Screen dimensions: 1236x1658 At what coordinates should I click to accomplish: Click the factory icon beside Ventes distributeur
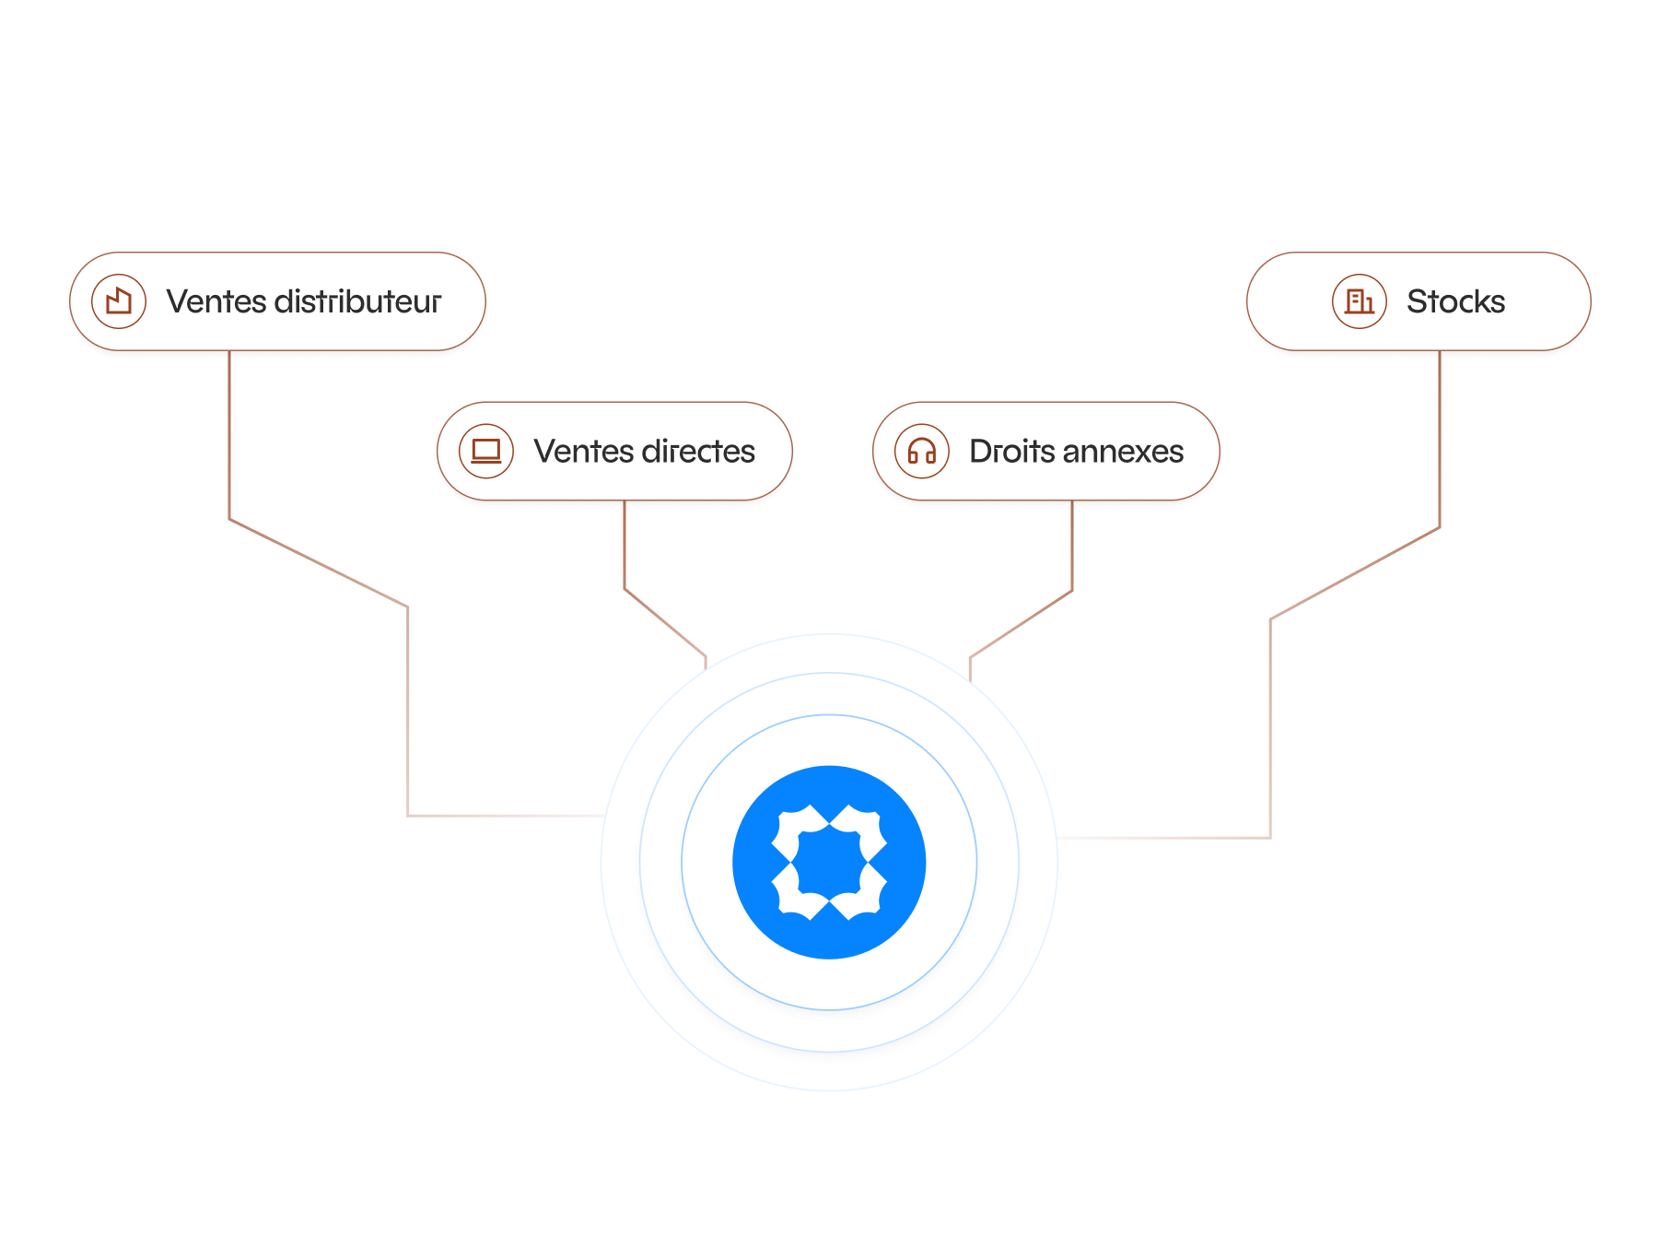pyautogui.click(x=119, y=301)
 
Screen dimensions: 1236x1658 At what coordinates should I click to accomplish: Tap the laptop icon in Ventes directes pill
pyautogui.click(x=486, y=452)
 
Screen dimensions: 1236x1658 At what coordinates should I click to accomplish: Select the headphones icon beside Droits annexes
pyautogui.click(x=922, y=452)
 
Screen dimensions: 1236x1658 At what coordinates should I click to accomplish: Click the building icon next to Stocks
pyautogui.click(x=1359, y=301)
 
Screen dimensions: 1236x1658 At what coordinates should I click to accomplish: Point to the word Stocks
pyautogui.click(x=1455, y=301)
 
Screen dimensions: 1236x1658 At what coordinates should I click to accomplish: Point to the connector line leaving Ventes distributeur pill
pyautogui.click(x=229, y=433)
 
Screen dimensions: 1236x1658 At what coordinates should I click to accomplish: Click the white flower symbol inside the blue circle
pyautogui.click(x=829, y=863)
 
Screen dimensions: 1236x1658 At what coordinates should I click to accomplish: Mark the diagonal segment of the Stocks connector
pyautogui.click(x=1354, y=573)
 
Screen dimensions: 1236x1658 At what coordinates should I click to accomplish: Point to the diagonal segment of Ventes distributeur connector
pyautogui.click(x=318, y=563)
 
